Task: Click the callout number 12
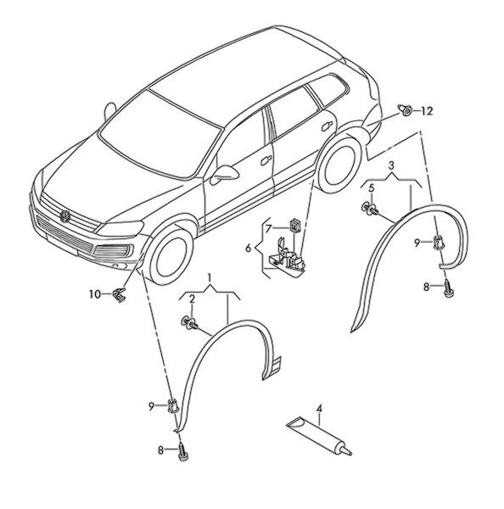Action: coord(427,111)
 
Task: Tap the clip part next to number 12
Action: coord(405,110)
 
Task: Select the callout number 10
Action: coord(95,294)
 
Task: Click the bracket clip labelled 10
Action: coord(119,294)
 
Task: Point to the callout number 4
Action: coord(320,408)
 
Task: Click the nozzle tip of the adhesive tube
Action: coord(349,452)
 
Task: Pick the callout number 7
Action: coord(268,229)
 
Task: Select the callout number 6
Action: coord(249,249)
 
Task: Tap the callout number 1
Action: coord(210,278)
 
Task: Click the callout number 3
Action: coord(391,166)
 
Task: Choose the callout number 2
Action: coord(192,299)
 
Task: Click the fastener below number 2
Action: coord(189,323)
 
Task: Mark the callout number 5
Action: coord(372,187)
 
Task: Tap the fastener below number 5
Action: coord(370,208)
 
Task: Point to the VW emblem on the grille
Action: coord(65,216)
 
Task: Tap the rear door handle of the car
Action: coord(327,126)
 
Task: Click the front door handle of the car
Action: coord(266,160)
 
